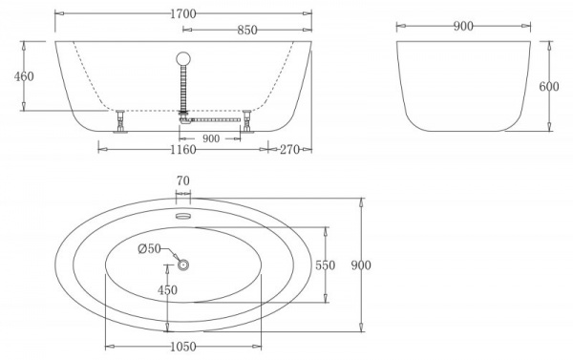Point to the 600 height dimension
[548, 87]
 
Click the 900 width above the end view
[464, 27]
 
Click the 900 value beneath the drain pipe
[212, 138]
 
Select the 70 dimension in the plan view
[181, 179]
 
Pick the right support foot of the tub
[246, 121]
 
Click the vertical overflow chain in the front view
[181, 91]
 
